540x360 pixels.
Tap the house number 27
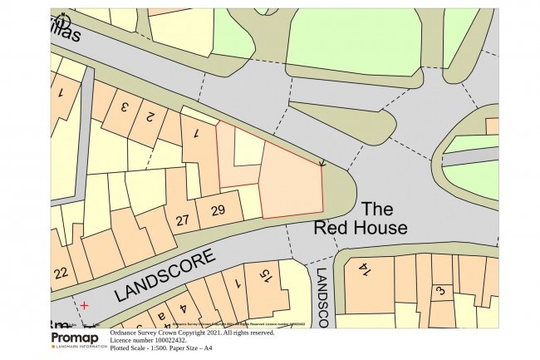click(x=184, y=220)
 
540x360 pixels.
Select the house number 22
click(x=60, y=274)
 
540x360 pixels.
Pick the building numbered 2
click(x=151, y=116)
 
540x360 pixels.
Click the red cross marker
click(x=83, y=306)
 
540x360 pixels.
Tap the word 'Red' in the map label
click(x=329, y=227)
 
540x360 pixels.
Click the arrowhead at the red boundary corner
click(x=322, y=163)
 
